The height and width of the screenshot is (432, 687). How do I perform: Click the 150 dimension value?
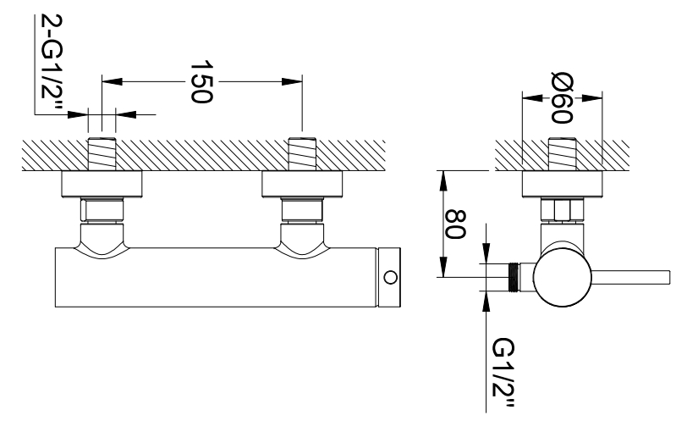point(201,82)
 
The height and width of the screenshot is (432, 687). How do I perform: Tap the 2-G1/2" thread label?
point(52,63)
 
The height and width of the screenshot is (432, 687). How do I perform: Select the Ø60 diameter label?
point(562,98)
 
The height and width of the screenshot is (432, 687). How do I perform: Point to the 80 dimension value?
point(455,224)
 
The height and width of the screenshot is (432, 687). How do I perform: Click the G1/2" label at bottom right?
point(503,374)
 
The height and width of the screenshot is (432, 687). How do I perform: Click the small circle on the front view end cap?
point(389,277)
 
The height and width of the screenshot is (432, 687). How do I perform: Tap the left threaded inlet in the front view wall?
point(102,153)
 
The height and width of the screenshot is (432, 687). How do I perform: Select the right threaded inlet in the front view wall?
point(302,153)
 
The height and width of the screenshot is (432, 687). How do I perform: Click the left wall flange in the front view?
point(102,184)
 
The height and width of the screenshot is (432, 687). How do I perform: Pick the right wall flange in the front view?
point(302,184)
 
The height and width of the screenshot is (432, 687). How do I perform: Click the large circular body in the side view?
point(563,277)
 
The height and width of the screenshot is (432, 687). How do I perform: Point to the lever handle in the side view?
point(631,277)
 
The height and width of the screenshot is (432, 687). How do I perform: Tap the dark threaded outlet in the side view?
point(514,277)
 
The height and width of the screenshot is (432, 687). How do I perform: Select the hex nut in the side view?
point(563,211)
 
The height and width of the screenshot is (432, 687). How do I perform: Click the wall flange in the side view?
point(562,184)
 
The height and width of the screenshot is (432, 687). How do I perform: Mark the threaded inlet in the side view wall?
point(562,153)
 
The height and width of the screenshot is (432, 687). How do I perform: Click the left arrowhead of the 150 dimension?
point(112,81)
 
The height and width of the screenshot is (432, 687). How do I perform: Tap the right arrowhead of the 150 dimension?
point(292,81)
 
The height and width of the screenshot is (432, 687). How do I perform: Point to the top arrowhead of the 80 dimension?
point(443,180)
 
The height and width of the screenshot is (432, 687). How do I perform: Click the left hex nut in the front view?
point(102,211)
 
